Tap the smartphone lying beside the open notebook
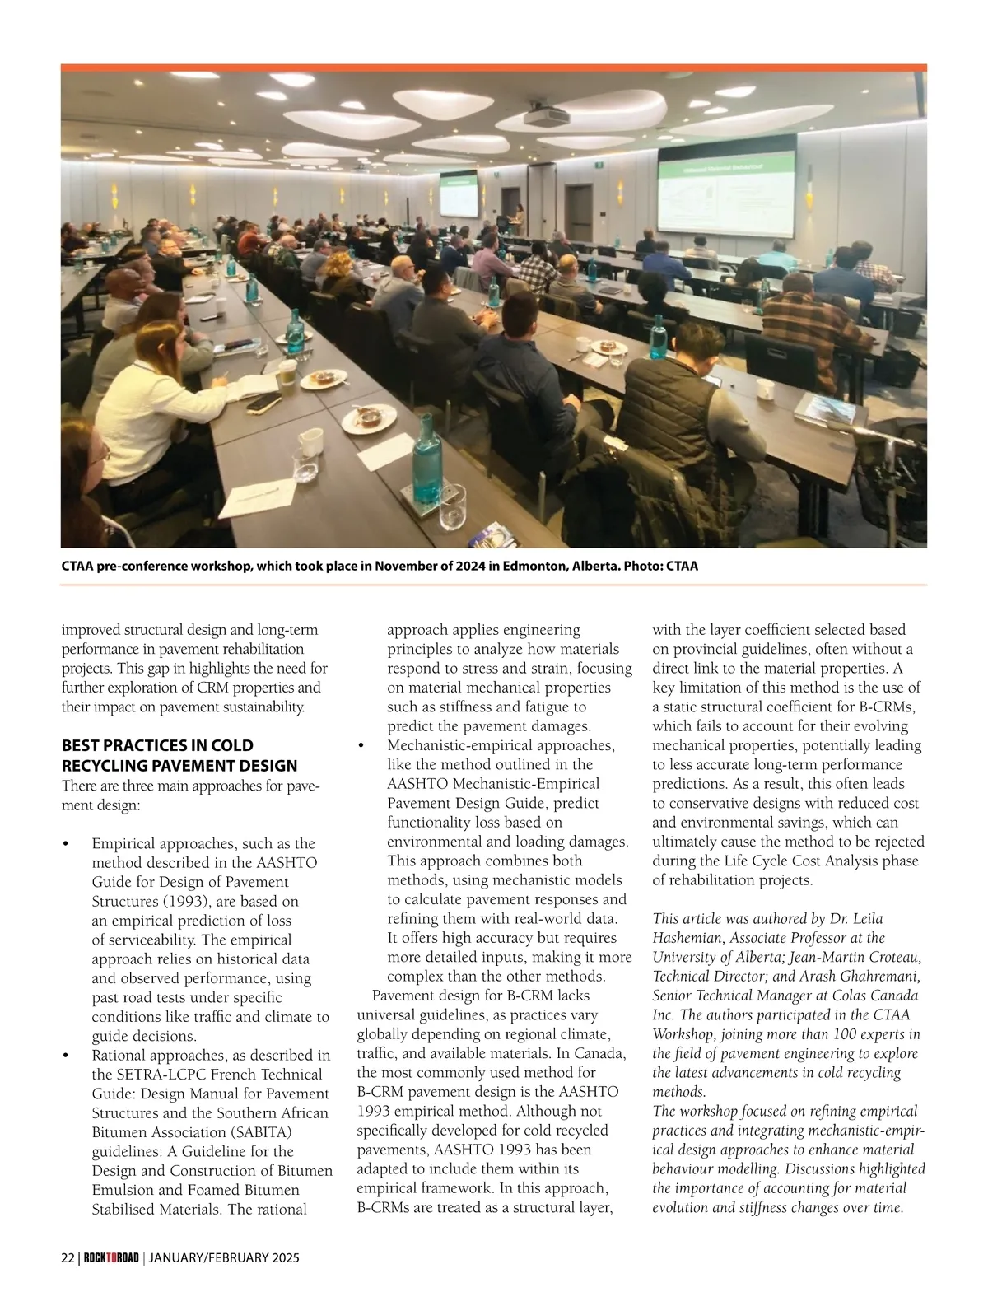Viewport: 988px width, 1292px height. [x=263, y=403]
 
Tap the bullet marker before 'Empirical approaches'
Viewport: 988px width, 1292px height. [x=66, y=844]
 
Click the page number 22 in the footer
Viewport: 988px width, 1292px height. [x=68, y=1258]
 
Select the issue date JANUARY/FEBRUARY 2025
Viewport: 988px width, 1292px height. [x=223, y=1258]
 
